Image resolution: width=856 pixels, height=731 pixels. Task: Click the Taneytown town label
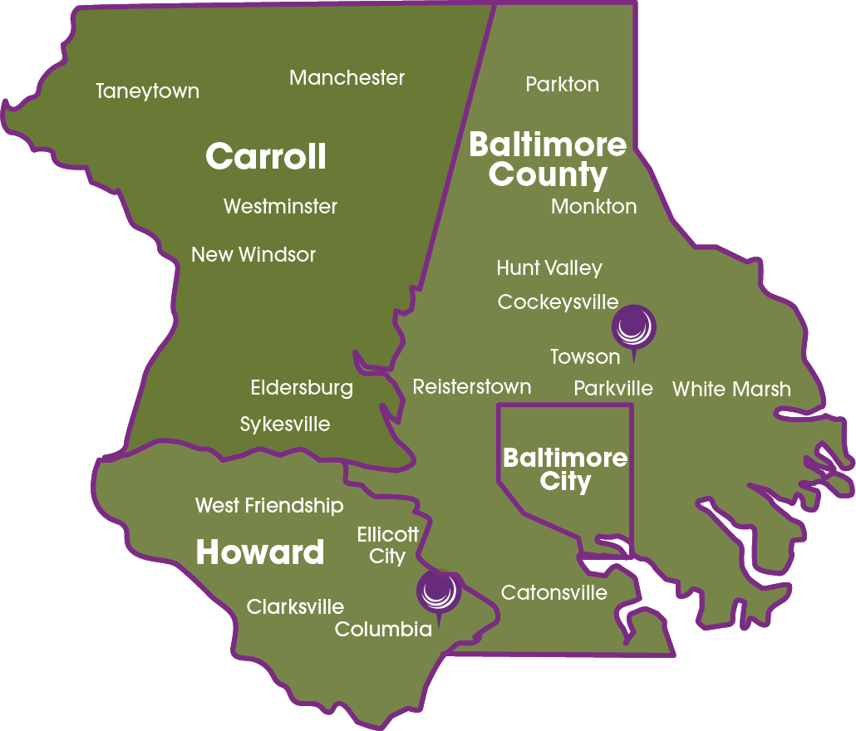coord(147,91)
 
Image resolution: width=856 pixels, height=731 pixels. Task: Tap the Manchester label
coord(347,78)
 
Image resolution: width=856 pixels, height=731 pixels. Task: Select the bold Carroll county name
coord(265,157)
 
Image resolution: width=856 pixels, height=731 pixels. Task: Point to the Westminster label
coord(280,206)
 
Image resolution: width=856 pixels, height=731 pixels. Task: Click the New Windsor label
coord(253,254)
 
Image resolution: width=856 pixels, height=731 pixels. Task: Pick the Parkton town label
coord(562,84)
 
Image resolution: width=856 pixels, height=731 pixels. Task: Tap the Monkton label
coord(593,206)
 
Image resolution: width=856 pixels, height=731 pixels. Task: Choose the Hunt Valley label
coord(549,268)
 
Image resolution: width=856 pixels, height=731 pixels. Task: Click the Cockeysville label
coord(558,302)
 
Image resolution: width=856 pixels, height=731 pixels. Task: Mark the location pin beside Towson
coord(633,326)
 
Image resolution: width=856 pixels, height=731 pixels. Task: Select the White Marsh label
coord(731,389)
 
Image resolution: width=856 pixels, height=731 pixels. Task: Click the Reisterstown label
coord(471,386)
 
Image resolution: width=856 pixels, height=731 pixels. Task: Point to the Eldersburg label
coord(302,388)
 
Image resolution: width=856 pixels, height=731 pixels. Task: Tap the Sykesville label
coord(284,424)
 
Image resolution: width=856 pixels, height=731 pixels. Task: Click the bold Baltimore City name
coord(565,469)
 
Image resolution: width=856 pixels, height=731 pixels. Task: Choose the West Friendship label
coord(268,505)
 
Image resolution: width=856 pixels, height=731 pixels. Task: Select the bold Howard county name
coord(259,552)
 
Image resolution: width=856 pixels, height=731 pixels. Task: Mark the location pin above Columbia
coord(437,591)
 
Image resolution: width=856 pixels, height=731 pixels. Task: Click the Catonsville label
coord(553,592)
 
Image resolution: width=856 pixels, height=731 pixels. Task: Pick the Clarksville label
coord(295,607)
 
